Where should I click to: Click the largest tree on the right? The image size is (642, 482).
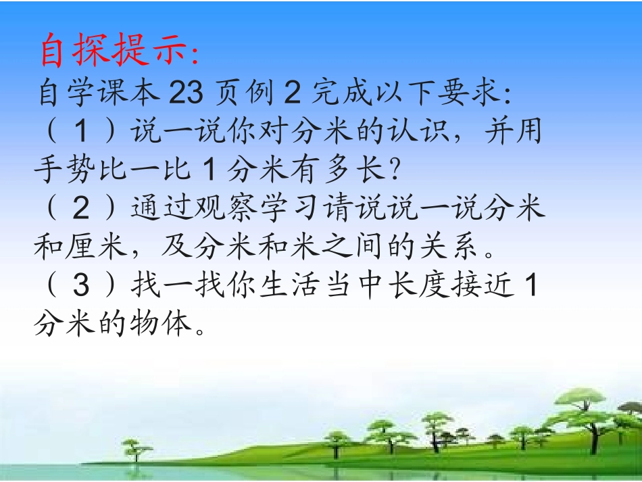[581, 412]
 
